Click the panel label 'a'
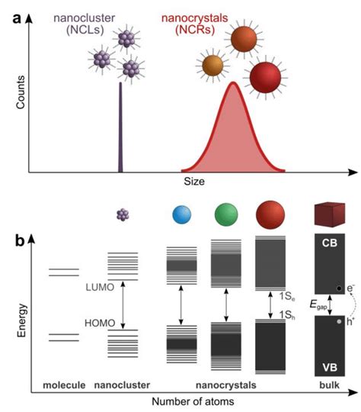17,19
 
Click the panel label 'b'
20,240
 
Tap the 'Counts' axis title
21,92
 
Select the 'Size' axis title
194,182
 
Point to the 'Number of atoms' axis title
193,401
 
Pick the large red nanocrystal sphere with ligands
265,78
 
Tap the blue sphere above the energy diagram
181,214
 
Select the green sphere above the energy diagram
226,214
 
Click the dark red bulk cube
330,214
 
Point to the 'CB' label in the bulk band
330,243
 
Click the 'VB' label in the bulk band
330,367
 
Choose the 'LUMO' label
100,287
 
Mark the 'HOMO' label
100,323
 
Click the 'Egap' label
318,304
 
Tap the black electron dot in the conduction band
339,288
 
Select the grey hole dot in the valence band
339,321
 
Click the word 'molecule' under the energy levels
64,385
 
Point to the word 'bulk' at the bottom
329,385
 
